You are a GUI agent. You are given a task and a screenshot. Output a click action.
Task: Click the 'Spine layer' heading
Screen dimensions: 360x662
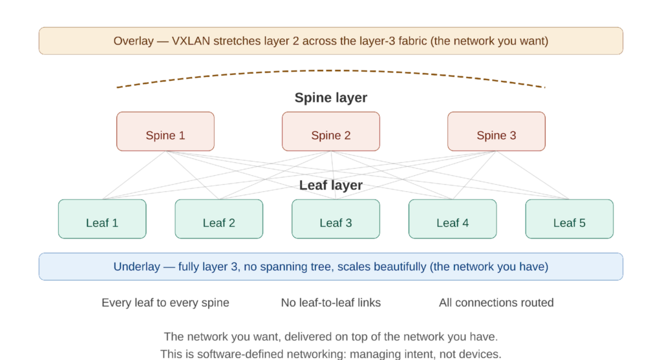pos(330,98)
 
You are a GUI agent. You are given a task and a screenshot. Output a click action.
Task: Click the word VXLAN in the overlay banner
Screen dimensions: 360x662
pos(191,41)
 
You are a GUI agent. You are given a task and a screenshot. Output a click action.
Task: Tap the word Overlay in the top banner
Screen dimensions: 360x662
pos(133,41)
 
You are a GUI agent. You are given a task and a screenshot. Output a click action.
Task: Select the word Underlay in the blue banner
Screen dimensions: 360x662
pos(137,266)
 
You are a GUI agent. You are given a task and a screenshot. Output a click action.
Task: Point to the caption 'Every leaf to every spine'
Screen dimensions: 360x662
pos(165,302)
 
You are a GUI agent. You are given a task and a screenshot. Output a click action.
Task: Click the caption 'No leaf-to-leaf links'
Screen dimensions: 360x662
pos(330,302)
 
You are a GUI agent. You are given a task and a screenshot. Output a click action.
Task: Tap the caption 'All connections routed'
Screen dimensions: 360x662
pos(496,302)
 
